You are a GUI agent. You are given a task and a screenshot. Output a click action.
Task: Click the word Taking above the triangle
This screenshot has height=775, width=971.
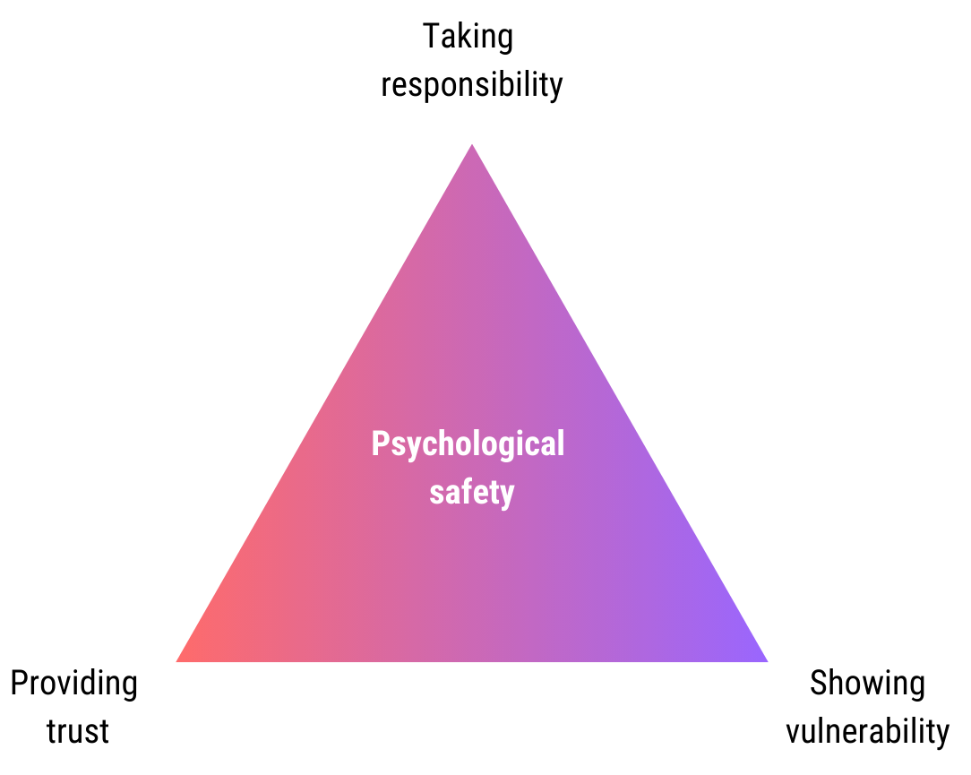tap(468, 38)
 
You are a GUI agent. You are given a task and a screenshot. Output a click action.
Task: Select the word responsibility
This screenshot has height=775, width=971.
tap(472, 85)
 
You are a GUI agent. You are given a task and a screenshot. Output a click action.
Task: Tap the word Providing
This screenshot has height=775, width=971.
tap(73, 685)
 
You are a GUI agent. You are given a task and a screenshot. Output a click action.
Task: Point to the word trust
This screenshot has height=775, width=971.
tap(78, 731)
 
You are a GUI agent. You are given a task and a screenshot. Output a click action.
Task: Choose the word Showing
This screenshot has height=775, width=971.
tap(867, 685)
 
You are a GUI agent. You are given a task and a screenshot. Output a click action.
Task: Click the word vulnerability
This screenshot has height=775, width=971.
tap(867, 731)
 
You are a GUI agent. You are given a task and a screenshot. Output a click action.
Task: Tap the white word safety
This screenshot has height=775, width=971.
tap(472, 492)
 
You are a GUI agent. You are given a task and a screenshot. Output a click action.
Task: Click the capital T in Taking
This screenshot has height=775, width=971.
tap(431, 37)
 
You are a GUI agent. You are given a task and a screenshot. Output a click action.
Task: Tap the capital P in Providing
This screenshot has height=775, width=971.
tap(19, 684)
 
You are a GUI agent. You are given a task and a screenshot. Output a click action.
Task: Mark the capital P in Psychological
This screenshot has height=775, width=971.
tap(381, 443)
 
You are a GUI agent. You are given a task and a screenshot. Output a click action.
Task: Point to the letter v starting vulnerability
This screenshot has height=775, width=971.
tap(794, 733)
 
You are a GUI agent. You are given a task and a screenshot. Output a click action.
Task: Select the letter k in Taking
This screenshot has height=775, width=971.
tap(465, 37)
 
